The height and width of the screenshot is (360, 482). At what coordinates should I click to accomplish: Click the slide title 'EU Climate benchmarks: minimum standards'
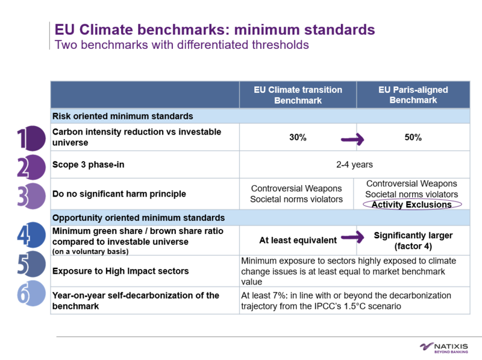214,30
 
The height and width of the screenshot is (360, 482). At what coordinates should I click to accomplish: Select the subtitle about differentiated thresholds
181,45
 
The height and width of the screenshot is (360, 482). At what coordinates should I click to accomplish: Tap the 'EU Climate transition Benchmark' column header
298,95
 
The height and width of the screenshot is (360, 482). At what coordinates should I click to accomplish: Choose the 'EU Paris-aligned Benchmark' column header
413,95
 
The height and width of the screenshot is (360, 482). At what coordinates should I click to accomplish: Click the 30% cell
298,137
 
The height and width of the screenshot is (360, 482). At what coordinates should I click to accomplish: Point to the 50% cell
413,137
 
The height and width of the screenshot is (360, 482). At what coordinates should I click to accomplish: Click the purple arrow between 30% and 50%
353,139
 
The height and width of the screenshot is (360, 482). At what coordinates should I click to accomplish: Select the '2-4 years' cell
354,164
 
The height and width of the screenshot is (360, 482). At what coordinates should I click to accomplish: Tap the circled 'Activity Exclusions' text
412,204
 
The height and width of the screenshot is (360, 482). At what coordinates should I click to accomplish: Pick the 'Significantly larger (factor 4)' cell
413,241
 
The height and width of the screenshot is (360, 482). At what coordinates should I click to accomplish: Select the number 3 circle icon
30,195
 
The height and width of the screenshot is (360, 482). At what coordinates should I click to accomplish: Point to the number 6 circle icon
30,294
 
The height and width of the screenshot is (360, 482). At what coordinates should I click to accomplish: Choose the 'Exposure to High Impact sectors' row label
120,271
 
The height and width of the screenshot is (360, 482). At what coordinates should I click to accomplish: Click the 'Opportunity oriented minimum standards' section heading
139,218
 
